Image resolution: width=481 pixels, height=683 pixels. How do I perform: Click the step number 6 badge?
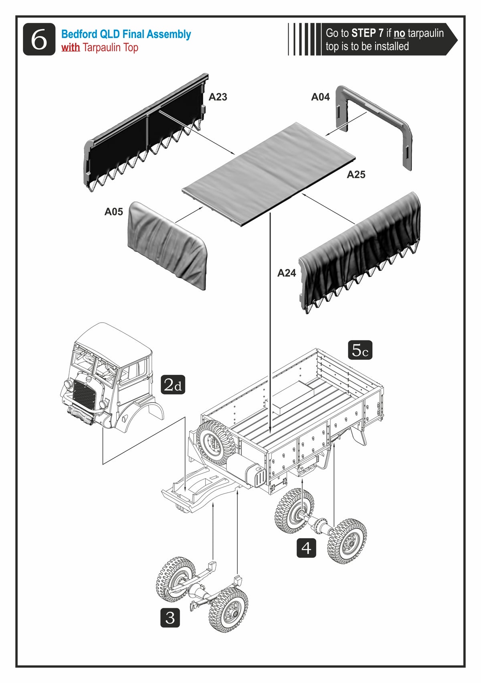39,39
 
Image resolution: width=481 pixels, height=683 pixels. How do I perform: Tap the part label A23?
218,97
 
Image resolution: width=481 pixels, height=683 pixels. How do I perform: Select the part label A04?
320,97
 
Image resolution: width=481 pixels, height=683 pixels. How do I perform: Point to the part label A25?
356,174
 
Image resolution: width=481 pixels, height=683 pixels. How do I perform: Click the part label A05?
113,212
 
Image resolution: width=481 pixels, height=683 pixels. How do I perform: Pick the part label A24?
287,273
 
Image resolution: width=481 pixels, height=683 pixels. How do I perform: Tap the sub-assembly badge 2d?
173,384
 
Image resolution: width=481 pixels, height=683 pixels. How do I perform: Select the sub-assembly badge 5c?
360,350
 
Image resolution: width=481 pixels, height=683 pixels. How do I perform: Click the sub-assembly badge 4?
306,548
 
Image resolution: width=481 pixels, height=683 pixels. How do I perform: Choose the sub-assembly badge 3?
170,618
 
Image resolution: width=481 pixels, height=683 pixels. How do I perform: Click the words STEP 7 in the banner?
367,33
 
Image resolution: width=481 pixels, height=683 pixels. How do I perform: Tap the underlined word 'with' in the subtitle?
71,47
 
